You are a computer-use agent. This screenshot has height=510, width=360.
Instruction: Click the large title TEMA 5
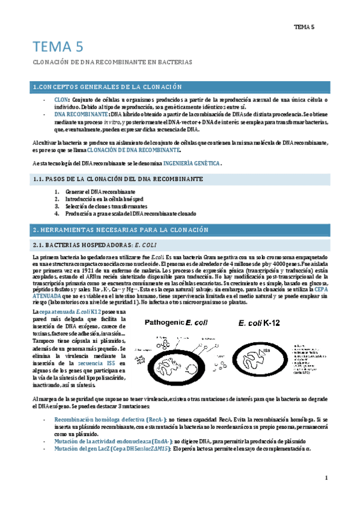58,47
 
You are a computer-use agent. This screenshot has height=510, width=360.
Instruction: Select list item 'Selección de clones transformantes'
100,206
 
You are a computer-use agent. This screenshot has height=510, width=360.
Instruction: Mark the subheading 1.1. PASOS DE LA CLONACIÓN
117,179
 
